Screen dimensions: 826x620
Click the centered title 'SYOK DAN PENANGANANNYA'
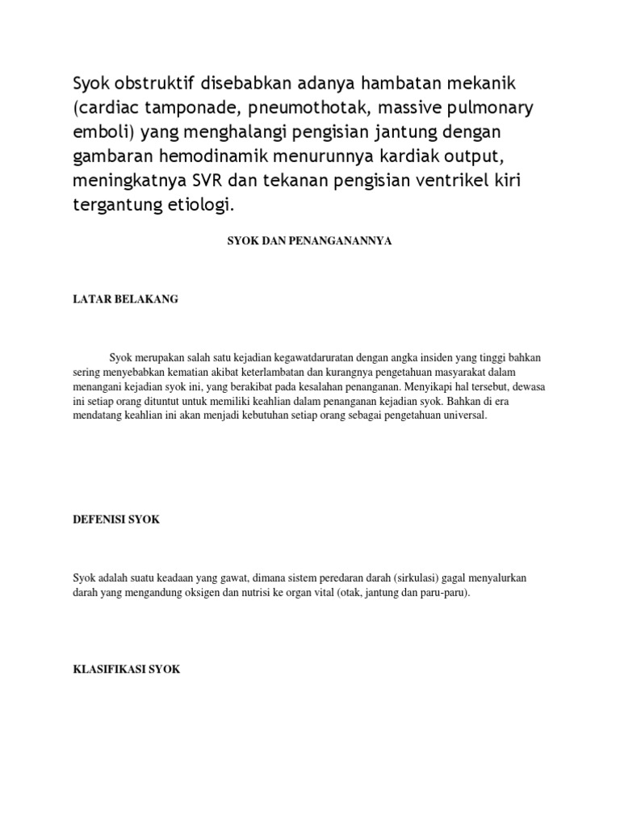point(310,241)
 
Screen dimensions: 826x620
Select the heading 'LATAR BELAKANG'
point(125,299)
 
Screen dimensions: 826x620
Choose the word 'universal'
point(460,415)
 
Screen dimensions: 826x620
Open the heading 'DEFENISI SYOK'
point(116,519)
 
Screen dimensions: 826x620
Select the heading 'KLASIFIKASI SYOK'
point(127,670)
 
